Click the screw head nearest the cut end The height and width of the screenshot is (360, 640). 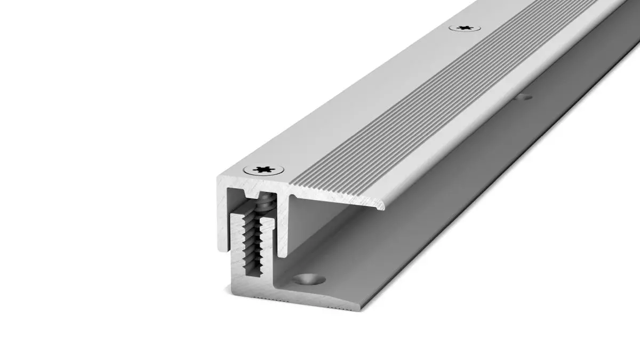[263, 170]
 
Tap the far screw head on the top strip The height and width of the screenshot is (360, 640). [464, 27]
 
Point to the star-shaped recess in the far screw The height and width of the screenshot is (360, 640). [464, 27]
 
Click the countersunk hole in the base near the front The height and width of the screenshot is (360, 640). [308, 278]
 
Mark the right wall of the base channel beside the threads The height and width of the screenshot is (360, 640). [270, 245]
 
